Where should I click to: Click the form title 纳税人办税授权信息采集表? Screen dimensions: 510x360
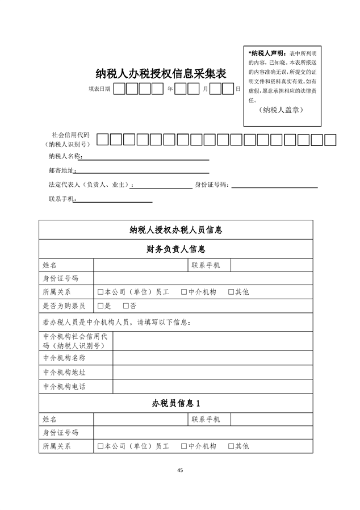pyautogui.click(x=161, y=74)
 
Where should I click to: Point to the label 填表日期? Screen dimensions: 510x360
pyautogui.click(x=99, y=89)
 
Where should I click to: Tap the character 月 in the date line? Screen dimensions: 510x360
pyautogui.click(x=205, y=89)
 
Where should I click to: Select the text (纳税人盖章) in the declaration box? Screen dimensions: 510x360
pyautogui.click(x=279, y=110)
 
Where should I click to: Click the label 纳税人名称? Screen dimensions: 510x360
pyautogui.click(x=65, y=156)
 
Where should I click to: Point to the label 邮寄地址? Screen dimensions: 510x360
pyautogui.click(x=62, y=170)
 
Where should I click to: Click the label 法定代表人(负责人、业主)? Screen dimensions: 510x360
pyautogui.click(x=91, y=185)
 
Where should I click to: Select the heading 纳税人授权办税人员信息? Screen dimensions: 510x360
pyautogui.click(x=175, y=230)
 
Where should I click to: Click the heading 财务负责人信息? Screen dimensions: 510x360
pyautogui.click(x=175, y=249)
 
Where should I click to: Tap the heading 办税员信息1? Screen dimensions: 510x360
pyautogui.click(x=175, y=403)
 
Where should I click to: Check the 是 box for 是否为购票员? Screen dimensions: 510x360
pyautogui.click(x=101, y=306)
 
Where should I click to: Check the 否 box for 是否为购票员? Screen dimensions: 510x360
pyautogui.click(x=126, y=306)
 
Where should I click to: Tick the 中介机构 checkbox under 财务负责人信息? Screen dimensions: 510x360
pyautogui.click(x=184, y=292)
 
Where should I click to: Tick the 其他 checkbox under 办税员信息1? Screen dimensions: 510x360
pyautogui.click(x=231, y=446)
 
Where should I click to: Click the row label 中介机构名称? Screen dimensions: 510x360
pyautogui.click(x=64, y=358)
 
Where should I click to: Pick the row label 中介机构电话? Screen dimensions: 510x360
pyautogui.click(x=64, y=386)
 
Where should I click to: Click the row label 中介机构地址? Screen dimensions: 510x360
pyautogui.click(x=64, y=373)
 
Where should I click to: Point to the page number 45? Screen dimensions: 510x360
pyautogui.click(x=180, y=470)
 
